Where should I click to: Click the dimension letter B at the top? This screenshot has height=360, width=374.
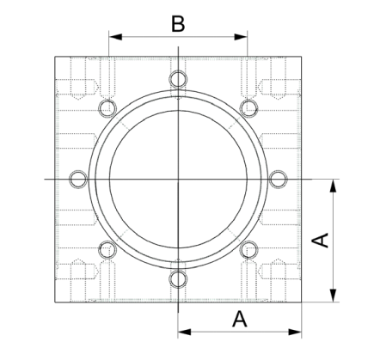(177, 22)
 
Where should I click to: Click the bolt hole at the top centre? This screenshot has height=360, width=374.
(177, 79)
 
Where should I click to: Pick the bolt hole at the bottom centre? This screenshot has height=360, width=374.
(177, 278)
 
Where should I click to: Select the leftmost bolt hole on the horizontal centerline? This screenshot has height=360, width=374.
(77, 179)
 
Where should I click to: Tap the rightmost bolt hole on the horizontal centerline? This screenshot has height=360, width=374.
(277, 179)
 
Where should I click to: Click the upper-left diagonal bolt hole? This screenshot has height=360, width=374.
(107, 108)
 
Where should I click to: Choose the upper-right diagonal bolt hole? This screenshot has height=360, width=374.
(248, 108)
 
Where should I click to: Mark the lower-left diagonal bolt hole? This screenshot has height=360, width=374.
(107, 249)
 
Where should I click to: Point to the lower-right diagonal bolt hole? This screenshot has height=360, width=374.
(248, 249)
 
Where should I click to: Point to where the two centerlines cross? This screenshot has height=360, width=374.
(177, 179)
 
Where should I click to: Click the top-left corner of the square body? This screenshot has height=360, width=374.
(54, 57)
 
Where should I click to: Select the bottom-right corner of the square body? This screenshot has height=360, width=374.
(301, 302)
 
